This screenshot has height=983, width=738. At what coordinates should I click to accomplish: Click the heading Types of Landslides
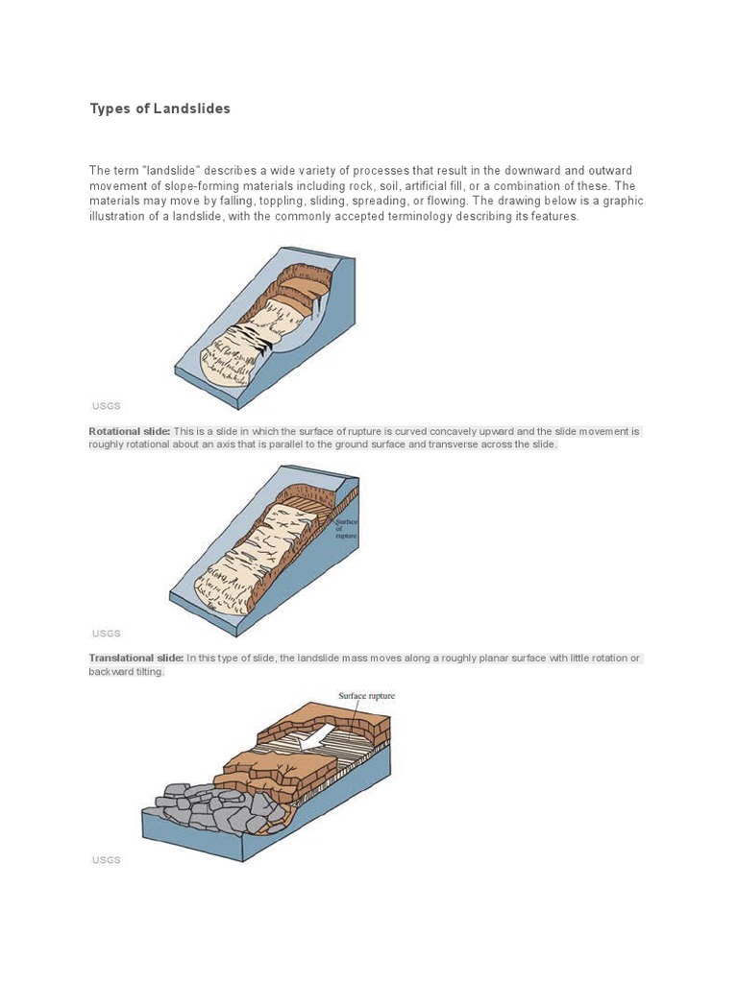pyautogui.click(x=160, y=108)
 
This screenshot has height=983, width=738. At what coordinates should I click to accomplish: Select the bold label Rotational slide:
pyautogui.click(x=130, y=431)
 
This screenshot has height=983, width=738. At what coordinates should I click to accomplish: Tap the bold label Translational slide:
pyautogui.click(x=135, y=658)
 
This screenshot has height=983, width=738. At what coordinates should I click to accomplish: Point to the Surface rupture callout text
pyautogui.click(x=366, y=696)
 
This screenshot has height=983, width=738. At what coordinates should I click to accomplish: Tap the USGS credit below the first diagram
pyautogui.click(x=106, y=406)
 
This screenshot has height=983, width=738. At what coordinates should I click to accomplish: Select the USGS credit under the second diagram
pyautogui.click(x=106, y=634)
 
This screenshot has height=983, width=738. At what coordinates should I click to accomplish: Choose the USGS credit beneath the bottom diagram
pyautogui.click(x=106, y=860)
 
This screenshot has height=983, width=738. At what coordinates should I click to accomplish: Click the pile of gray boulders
pyautogui.click(x=206, y=806)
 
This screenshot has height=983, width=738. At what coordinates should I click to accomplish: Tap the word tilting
pyautogui.click(x=149, y=671)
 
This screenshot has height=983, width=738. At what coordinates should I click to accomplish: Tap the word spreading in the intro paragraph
pyautogui.click(x=380, y=201)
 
